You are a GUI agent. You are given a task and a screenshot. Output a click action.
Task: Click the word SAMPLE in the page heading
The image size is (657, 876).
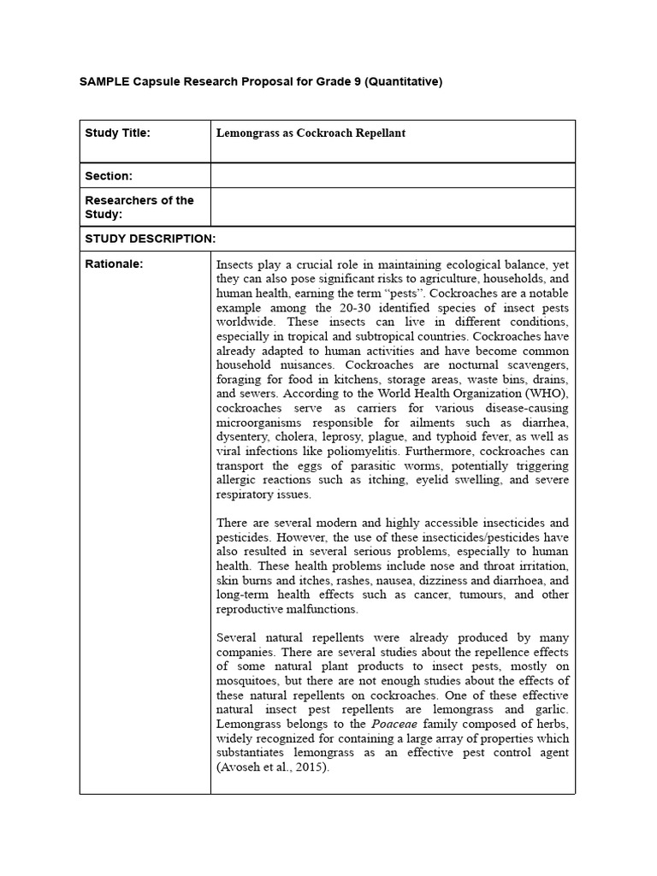click(104, 82)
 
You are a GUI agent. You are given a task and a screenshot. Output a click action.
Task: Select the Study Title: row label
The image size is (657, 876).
click(117, 133)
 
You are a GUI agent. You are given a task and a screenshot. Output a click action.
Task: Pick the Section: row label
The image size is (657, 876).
click(109, 176)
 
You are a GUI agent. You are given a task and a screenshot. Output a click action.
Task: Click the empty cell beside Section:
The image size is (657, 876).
click(393, 176)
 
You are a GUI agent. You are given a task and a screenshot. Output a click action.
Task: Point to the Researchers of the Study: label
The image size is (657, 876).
click(139, 207)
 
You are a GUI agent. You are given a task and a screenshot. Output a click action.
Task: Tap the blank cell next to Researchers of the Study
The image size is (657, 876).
click(393, 207)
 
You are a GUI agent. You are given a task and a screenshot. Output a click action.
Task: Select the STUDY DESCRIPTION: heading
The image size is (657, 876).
click(150, 239)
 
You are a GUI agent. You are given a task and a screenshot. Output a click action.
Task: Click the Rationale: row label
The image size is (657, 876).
click(114, 263)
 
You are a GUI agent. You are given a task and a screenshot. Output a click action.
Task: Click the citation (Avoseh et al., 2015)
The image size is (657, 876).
click(272, 767)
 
